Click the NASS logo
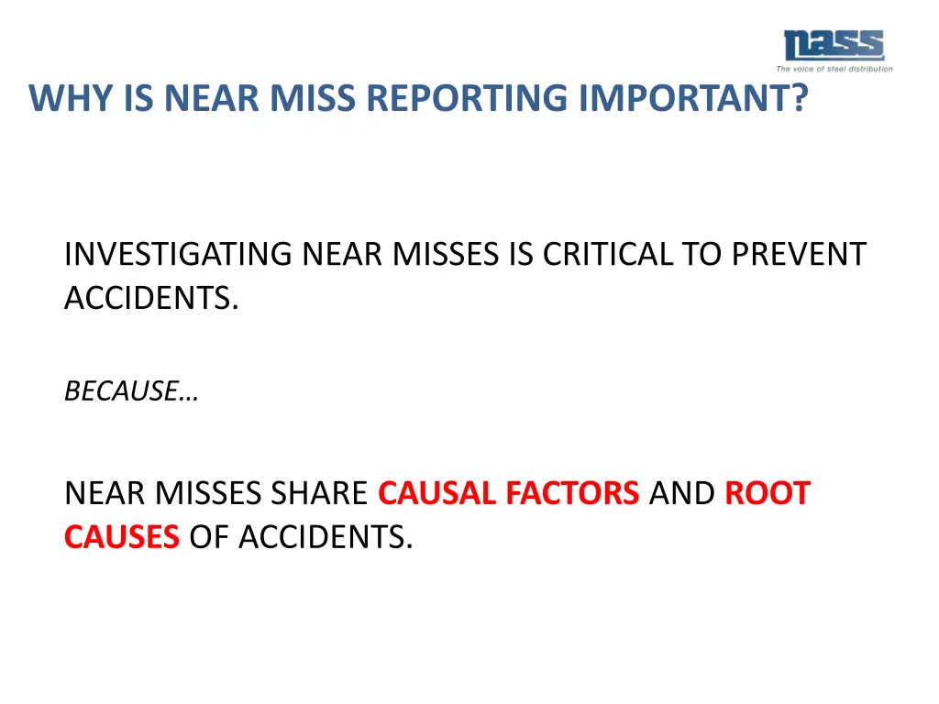pyautogui.click(x=833, y=46)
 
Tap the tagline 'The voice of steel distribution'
pyautogui.click(x=834, y=69)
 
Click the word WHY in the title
pyautogui.click(x=61, y=98)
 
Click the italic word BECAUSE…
pyautogui.click(x=132, y=391)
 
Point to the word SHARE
pyautogui.click(x=318, y=493)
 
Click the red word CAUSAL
pyautogui.click(x=437, y=493)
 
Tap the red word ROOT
pyautogui.click(x=768, y=493)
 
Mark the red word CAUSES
pyautogui.click(x=121, y=537)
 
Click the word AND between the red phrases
pyautogui.click(x=681, y=493)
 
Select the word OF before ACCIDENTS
pyautogui.click(x=209, y=537)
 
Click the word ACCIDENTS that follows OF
pyautogui.click(x=326, y=537)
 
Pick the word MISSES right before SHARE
pyautogui.click(x=207, y=493)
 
